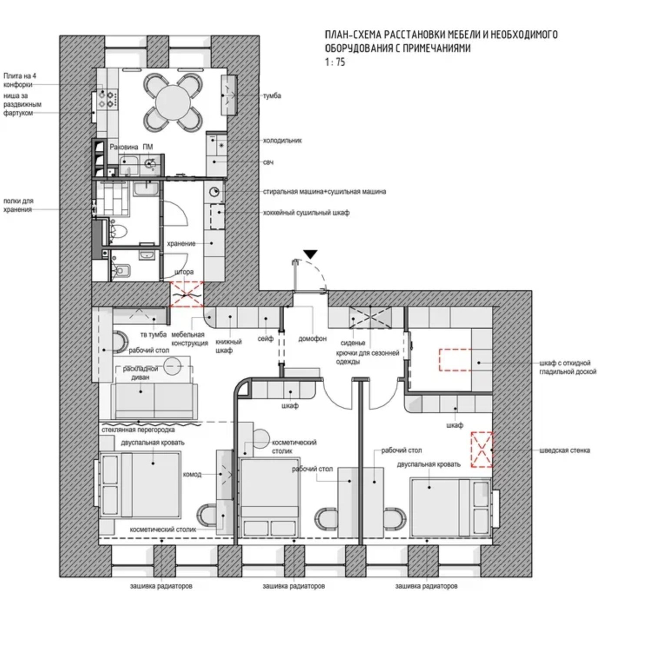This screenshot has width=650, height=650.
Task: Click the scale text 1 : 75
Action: click(335, 62)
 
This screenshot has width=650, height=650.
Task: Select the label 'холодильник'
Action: click(282, 140)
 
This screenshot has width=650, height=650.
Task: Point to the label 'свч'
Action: click(268, 162)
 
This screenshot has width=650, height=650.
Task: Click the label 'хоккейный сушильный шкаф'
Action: click(306, 213)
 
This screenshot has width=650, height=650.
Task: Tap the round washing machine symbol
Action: click(214, 192)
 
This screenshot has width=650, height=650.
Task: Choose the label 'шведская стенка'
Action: click(564, 450)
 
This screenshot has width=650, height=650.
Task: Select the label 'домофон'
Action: click(312, 338)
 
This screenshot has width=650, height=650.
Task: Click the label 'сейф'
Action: click(265, 338)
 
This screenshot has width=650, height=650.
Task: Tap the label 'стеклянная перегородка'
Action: click(138, 430)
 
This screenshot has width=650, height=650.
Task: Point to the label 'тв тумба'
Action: click(153, 334)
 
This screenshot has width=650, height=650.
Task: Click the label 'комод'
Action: click(192, 474)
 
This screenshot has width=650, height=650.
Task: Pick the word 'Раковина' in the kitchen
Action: click(124, 147)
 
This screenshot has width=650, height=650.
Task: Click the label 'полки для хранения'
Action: click(18, 205)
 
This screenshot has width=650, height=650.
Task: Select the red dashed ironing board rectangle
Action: click(455, 360)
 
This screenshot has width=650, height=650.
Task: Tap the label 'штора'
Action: click(184, 272)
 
